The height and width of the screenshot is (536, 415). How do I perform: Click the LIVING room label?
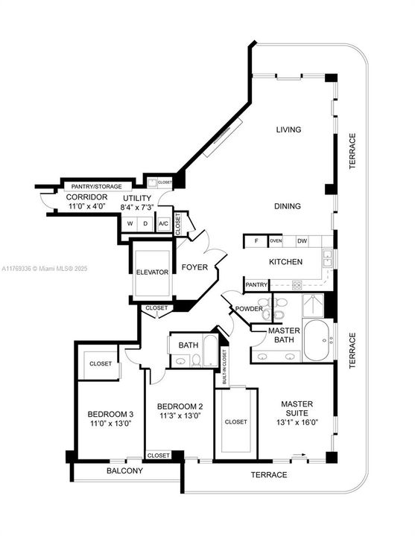[x=288, y=130]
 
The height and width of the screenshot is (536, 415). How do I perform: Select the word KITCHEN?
[x=285, y=261]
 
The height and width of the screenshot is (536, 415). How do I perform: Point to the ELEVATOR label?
[x=153, y=272]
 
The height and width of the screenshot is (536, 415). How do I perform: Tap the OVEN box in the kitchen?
[x=276, y=240]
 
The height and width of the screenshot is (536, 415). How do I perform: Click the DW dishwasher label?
[x=302, y=240]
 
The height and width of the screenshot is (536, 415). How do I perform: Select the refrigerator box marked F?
[x=256, y=240]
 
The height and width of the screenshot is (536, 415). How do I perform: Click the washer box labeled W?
[x=130, y=223]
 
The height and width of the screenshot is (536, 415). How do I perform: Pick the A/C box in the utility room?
[x=163, y=223]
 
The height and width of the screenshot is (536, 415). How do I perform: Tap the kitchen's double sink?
[x=326, y=258]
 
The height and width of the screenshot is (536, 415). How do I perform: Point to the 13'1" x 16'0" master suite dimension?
[x=300, y=421]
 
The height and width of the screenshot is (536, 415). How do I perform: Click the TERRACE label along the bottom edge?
[x=267, y=474]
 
